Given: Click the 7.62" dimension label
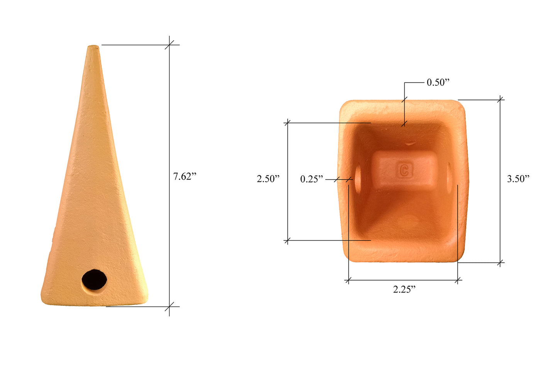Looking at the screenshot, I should [185, 177].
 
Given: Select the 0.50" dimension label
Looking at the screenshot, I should [438, 82].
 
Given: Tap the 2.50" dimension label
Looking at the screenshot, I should [268, 179].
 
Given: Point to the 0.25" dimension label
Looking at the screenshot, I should [312, 179].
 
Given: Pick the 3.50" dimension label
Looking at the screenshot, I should [518, 178].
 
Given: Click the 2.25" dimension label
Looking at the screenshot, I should [404, 289].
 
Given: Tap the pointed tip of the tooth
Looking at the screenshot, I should [93, 48].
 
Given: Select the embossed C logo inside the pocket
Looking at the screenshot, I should [404, 170].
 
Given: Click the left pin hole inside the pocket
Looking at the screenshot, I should [358, 179].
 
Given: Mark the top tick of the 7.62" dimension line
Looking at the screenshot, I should [169, 45].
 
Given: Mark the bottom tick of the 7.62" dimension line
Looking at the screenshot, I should [169, 307].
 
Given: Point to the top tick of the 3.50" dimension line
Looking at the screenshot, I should [500, 100].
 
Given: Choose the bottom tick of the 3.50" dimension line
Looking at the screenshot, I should [500, 263].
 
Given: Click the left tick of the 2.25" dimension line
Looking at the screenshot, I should [348, 280].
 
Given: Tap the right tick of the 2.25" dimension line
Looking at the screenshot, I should [458, 280].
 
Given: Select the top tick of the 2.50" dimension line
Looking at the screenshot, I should [287, 123].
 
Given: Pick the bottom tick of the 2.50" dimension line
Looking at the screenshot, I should [287, 241].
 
